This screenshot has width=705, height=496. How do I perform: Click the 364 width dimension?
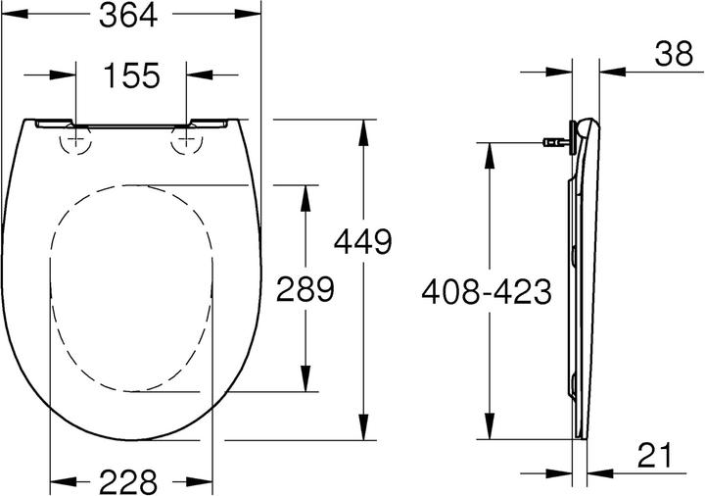click(x=130, y=17)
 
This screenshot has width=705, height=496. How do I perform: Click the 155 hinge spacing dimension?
click(x=129, y=75)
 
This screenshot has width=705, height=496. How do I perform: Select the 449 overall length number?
click(x=363, y=240)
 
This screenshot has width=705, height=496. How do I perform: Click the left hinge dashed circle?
click(x=74, y=143)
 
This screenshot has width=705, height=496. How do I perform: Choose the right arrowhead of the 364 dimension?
click(x=254, y=17)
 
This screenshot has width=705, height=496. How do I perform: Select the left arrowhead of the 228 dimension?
click(x=59, y=481)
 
